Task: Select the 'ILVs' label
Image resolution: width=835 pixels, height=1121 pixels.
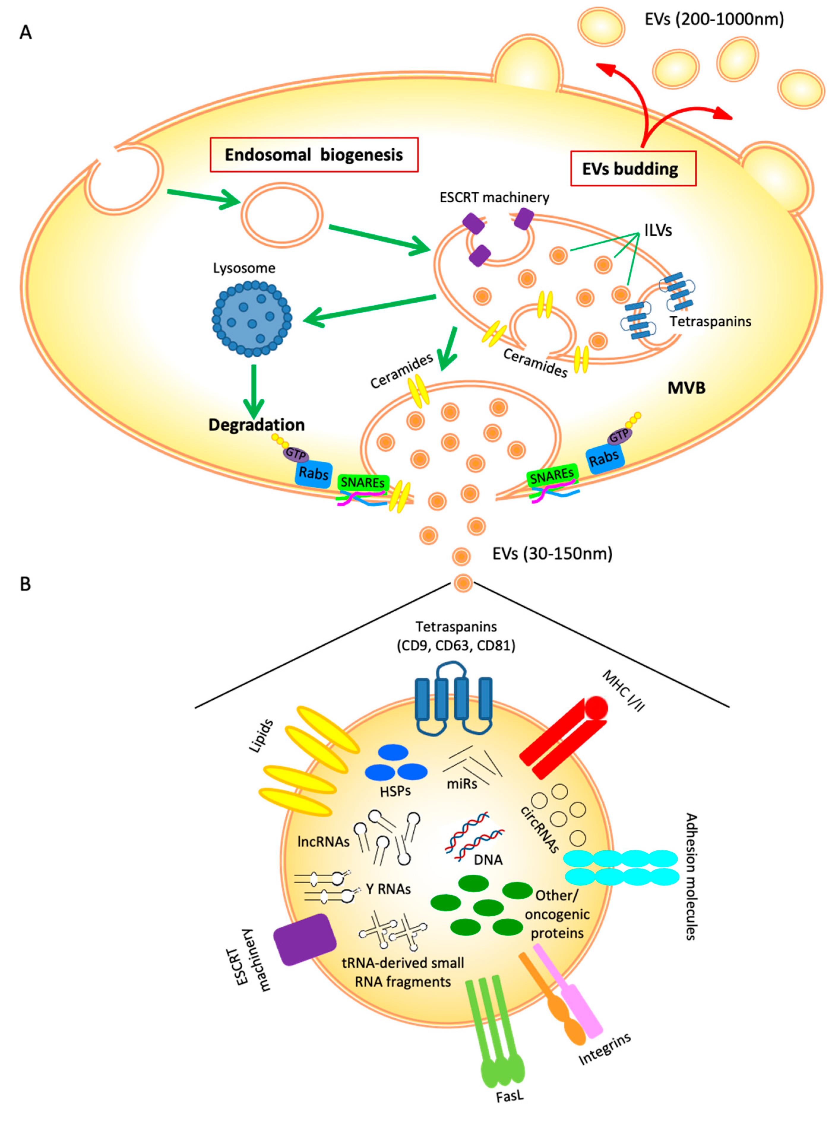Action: click(x=658, y=231)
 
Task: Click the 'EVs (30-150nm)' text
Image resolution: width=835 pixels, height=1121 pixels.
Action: click(x=552, y=554)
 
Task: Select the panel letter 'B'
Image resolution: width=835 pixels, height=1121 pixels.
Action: click(x=25, y=584)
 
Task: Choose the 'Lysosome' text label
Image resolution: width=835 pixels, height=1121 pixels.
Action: click(x=244, y=268)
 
